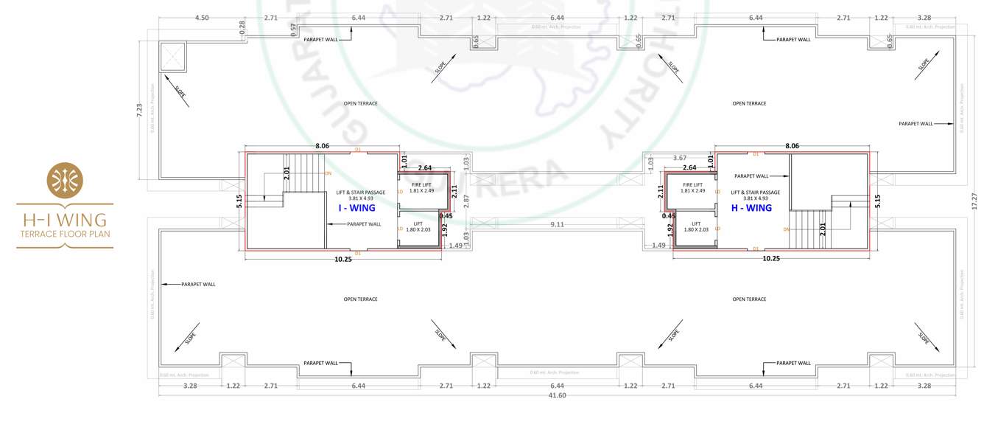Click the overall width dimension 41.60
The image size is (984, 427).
click(557, 395)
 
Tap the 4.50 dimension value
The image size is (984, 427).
click(201, 17)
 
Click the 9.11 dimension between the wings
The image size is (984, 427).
click(557, 225)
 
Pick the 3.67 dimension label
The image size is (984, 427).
click(679, 158)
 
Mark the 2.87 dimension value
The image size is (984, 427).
click(465, 201)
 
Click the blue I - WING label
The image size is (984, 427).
click(356, 208)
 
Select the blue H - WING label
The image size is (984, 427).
click(751, 208)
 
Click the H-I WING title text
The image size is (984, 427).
click(65, 220)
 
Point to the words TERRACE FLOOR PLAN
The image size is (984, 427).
click(65, 234)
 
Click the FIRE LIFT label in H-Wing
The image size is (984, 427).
click(692, 184)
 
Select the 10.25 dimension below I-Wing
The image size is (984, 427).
click(343, 260)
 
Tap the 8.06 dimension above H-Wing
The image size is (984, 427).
click(792, 146)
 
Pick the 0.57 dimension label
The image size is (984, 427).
click(293, 29)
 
